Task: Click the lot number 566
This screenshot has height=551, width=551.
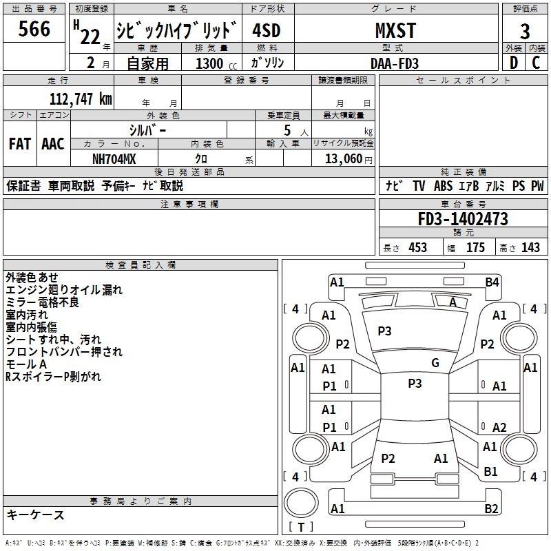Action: click(34, 29)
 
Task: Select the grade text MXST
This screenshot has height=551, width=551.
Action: click(395, 30)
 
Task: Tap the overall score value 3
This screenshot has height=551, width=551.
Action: click(525, 32)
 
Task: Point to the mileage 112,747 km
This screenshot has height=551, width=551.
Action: click(81, 99)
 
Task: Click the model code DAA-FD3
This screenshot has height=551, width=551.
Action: click(395, 63)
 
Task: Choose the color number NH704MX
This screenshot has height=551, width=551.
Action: click(114, 159)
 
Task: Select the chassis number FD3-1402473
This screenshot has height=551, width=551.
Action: click(463, 219)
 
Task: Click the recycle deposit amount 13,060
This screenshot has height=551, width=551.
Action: click(344, 159)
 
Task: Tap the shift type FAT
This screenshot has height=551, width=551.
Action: click(20, 144)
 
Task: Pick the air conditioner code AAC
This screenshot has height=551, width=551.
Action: click(53, 144)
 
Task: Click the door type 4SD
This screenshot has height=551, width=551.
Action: click(267, 30)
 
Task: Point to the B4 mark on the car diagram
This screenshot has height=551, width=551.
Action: click(492, 282)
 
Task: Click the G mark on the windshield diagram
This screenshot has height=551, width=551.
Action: click(435, 363)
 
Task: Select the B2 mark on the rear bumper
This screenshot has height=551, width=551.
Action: click(491, 508)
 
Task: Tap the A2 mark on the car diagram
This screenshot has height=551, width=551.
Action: click(499, 427)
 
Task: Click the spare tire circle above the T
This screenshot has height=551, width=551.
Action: click(301, 503)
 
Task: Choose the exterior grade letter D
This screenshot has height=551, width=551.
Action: click(514, 63)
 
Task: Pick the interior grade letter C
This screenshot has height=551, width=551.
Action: click(536, 63)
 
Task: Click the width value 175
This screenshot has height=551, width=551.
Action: click(475, 248)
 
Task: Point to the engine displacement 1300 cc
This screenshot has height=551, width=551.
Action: click(216, 63)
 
